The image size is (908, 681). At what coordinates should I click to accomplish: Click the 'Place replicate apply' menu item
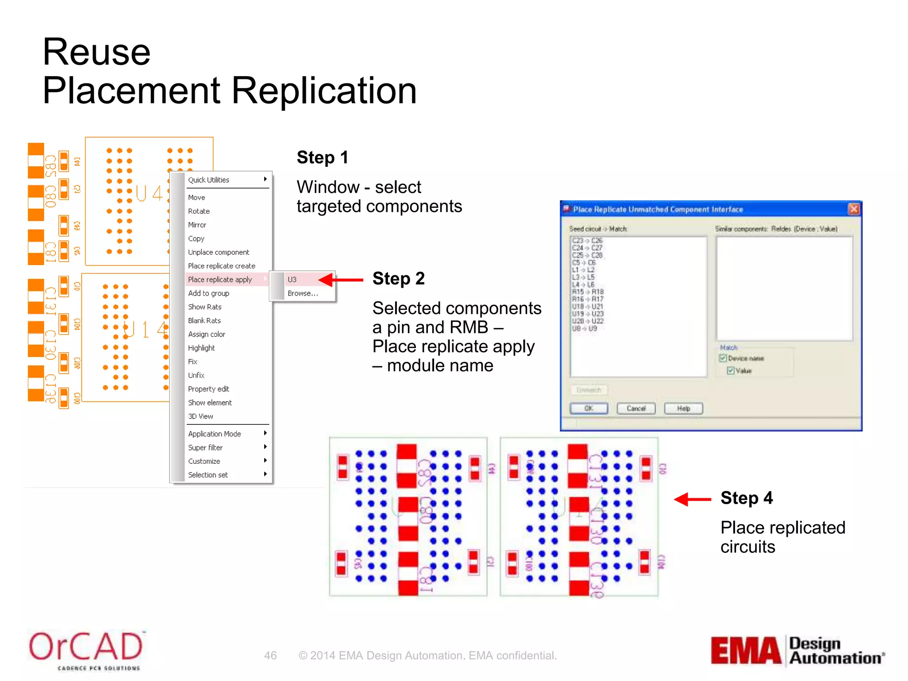220,279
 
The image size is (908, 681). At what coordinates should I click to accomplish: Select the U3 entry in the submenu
292,279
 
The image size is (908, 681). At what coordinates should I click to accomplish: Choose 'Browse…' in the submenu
302,293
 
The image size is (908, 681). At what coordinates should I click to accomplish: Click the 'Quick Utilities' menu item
209,180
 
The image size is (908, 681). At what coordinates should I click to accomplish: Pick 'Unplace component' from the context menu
219,252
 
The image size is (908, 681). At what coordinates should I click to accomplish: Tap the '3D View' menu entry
200,416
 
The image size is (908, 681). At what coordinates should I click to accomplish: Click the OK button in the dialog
589,408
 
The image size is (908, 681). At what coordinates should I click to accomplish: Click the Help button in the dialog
683,408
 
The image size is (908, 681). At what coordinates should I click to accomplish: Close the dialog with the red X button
853,209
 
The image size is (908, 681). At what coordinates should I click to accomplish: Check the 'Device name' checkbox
723,358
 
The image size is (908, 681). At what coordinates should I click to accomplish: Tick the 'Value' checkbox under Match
731,371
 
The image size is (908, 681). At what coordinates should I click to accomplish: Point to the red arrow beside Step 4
693,499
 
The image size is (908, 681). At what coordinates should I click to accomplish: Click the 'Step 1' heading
322,157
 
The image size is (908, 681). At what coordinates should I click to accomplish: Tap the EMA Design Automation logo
797,650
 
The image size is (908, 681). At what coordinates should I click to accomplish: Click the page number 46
270,655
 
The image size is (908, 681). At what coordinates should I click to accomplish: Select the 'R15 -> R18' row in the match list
587,292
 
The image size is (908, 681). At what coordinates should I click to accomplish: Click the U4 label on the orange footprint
149,193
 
